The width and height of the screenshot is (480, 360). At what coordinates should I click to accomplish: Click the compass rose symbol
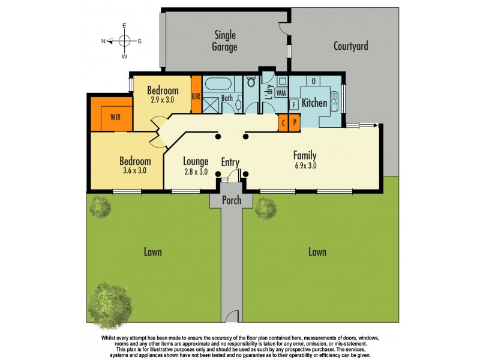coord(125,41)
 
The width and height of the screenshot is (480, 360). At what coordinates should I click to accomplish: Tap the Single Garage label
coord(225,41)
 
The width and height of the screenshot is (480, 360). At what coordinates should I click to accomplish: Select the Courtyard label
coord(350,46)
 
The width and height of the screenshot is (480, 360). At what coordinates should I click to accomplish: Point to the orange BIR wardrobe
coord(196,95)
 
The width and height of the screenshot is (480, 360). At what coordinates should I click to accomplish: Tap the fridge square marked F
coord(294,105)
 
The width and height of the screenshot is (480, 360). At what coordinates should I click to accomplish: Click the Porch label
coord(231,200)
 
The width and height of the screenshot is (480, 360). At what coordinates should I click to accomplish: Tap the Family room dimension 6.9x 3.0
coord(305,166)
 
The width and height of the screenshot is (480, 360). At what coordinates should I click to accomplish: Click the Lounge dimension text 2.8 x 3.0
coord(196,172)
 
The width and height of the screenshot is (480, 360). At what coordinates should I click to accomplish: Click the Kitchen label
coord(314,103)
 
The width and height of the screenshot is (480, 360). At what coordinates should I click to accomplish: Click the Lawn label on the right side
coord(317,252)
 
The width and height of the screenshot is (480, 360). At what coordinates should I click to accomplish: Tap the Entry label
coord(230,162)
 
